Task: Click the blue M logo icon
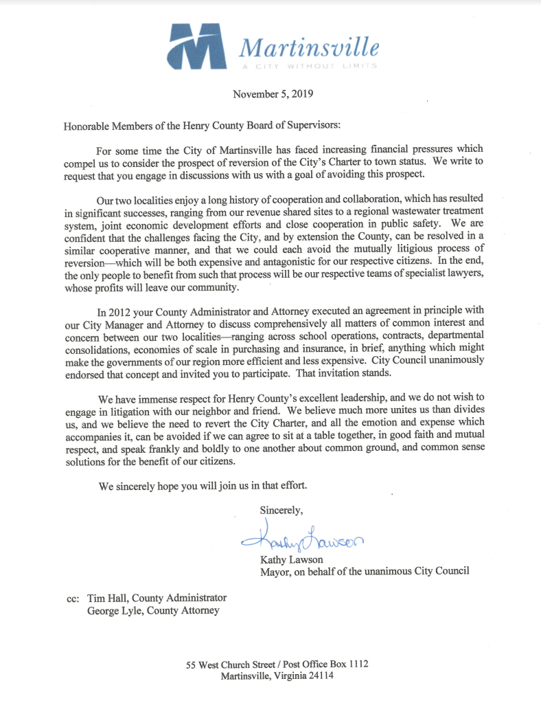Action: coord(198,46)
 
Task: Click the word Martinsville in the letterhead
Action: coord(308,47)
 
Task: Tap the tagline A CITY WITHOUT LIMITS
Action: coord(309,66)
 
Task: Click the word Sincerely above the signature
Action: coord(281,510)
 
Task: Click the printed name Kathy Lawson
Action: coord(291,560)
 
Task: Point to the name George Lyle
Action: coord(113,610)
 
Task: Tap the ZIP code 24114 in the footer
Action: coord(321,676)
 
